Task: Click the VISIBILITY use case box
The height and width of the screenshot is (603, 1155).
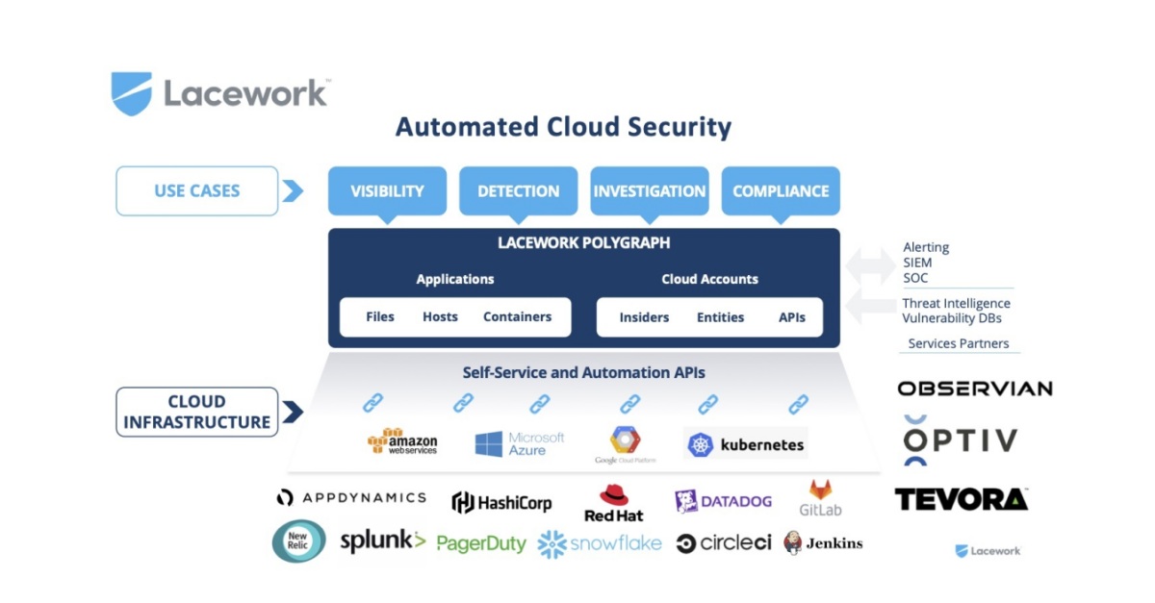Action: pyautogui.click(x=387, y=190)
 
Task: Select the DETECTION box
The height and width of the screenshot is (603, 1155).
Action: pyautogui.click(x=518, y=190)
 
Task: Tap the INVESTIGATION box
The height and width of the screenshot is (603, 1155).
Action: pyautogui.click(x=649, y=190)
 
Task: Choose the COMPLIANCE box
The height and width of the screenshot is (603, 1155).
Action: pyautogui.click(x=780, y=190)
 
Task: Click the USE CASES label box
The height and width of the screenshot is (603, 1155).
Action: pyautogui.click(x=196, y=190)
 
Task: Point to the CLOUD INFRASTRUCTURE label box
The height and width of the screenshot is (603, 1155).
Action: pyautogui.click(x=196, y=412)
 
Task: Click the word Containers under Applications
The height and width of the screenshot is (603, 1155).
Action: pyautogui.click(x=517, y=316)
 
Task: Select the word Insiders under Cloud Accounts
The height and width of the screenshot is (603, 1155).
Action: pyautogui.click(x=644, y=317)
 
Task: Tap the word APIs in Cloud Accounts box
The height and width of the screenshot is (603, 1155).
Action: pyautogui.click(x=792, y=317)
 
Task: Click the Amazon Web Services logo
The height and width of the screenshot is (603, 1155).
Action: pyautogui.click(x=402, y=442)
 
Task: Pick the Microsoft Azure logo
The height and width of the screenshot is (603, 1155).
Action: pyautogui.click(x=520, y=443)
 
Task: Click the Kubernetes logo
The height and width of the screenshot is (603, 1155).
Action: pyautogui.click(x=746, y=444)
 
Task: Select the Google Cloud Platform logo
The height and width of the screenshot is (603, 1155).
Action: pyautogui.click(x=626, y=444)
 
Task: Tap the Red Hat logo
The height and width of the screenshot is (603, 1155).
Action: pyautogui.click(x=613, y=503)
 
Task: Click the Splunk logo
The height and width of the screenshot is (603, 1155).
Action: pyautogui.click(x=382, y=541)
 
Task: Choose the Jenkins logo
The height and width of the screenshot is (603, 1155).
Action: pyautogui.click(x=823, y=543)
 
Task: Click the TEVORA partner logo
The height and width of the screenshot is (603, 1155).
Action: pyautogui.click(x=961, y=499)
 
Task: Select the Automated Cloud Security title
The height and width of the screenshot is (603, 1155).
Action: pyautogui.click(x=563, y=127)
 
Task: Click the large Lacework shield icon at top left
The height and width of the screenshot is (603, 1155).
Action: pyautogui.click(x=131, y=93)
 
